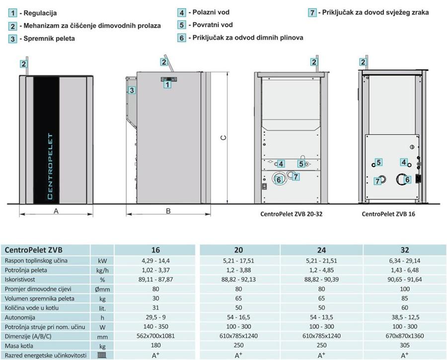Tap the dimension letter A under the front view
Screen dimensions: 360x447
(56, 211)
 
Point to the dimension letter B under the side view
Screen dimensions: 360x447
(168, 211)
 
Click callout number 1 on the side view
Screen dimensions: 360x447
(167, 84)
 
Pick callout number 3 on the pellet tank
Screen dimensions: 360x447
(132, 90)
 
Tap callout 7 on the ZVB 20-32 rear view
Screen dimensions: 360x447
(296, 176)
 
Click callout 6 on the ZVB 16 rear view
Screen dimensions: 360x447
(408, 180)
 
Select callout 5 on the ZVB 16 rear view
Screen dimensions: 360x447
(378, 162)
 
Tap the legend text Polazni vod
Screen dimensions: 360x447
(211, 12)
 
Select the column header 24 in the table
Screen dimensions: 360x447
(322, 250)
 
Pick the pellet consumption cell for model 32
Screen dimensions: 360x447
(405, 270)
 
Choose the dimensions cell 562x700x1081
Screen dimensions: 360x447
(156, 336)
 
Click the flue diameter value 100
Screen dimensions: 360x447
(405, 289)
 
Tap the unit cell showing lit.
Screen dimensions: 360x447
(102, 307)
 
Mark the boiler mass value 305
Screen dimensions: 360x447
(405, 345)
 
